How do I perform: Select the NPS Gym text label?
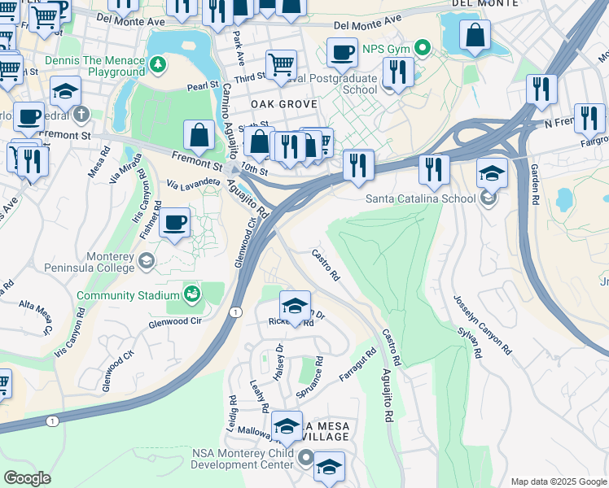tap(386, 49)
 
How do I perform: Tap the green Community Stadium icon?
tap(191, 293)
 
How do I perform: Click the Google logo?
tap(27, 478)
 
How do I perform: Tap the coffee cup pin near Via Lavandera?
tap(174, 222)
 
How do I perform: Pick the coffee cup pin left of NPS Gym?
tap(342, 53)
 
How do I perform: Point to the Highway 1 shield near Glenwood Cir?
tap(235, 312)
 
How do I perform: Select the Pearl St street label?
tap(204, 85)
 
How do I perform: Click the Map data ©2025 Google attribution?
tap(557, 481)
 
